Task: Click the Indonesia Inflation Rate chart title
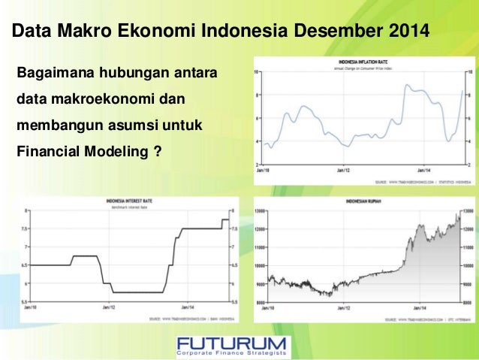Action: click(x=363, y=61)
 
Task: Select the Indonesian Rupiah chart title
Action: click(x=361, y=201)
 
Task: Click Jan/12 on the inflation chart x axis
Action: click(x=342, y=171)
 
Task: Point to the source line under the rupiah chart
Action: click(x=425, y=319)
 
